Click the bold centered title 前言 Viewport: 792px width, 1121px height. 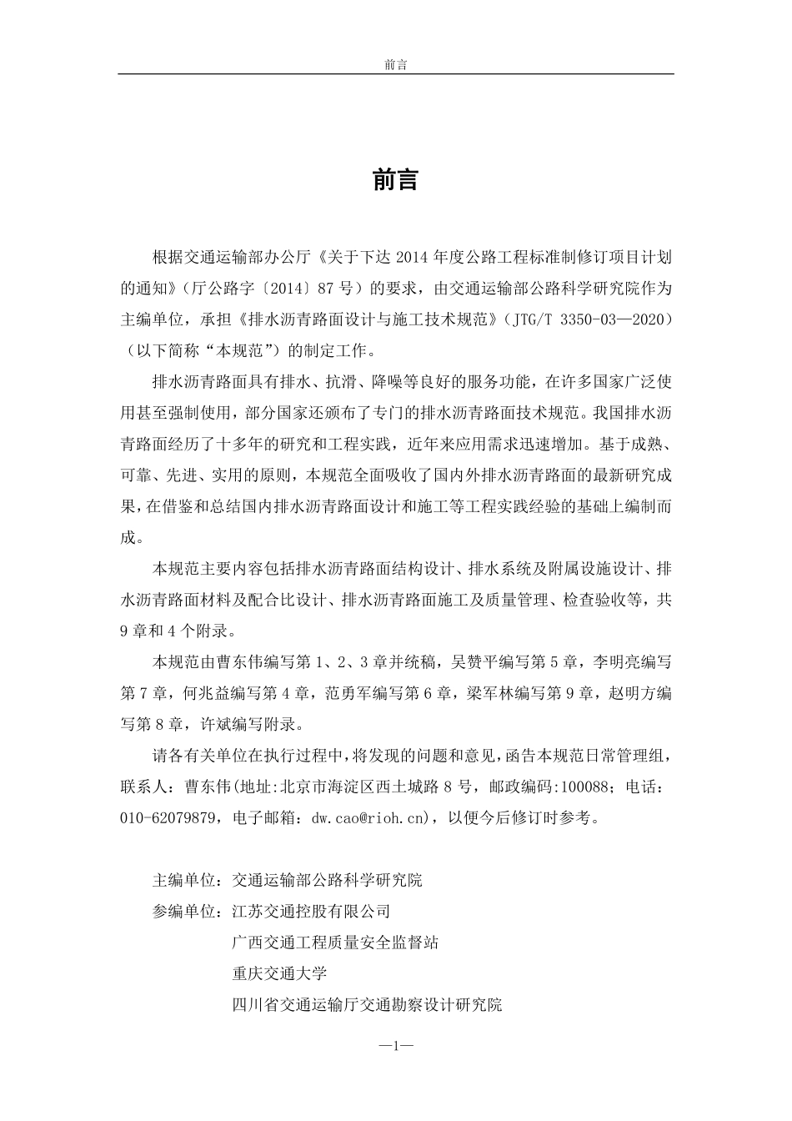tap(395, 179)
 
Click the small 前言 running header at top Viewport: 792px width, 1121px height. tap(395, 64)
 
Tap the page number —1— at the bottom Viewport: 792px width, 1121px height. tap(395, 1044)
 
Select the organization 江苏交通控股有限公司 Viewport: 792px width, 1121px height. tap(311, 911)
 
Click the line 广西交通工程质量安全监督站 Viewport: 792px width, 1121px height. tap(335, 943)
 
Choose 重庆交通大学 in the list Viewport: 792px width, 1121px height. tap(279, 973)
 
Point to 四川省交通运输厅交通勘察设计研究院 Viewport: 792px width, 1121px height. tap(367, 1005)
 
